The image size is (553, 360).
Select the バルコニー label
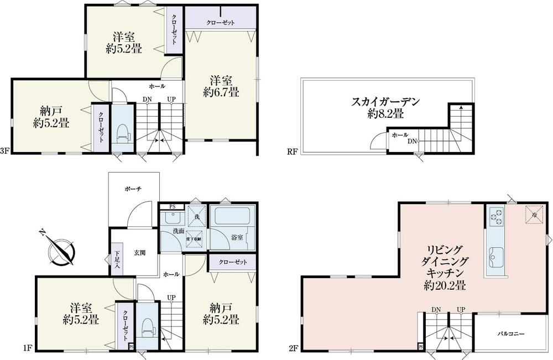(x=510, y=333)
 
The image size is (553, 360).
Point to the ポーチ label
(x=134, y=189)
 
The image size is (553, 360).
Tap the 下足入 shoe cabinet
(x=117, y=259)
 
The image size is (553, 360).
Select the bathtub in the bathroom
(x=232, y=216)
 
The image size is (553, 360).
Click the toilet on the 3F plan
(x=123, y=133)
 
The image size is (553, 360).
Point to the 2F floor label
(x=293, y=349)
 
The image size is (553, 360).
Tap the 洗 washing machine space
(x=195, y=217)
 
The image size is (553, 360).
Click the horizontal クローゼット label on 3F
(x=221, y=23)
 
